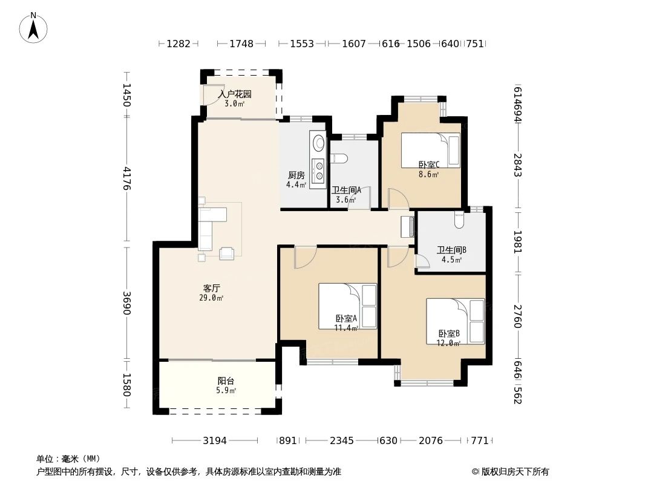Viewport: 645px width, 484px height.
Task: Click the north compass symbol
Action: click(33, 27)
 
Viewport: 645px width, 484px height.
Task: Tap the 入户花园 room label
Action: click(234, 94)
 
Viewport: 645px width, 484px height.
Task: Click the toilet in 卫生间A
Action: click(341, 159)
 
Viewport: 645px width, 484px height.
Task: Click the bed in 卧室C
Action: click(430, 149)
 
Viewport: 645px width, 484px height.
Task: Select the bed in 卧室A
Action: click(347, 306)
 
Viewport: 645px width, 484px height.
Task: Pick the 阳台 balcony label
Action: click(226, 381)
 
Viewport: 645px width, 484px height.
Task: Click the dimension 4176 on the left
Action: click(126, 178)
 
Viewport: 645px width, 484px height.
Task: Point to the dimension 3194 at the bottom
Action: click(214, 440)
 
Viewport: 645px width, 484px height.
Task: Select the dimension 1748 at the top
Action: click(241, 44)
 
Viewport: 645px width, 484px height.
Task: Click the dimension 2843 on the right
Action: click(517, 165)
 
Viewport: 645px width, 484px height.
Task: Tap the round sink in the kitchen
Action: click(318, 143)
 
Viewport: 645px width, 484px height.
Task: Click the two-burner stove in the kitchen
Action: click(318, 166)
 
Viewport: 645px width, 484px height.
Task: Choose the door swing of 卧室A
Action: click(304, 257)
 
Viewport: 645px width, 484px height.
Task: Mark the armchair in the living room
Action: click(227, 253)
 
